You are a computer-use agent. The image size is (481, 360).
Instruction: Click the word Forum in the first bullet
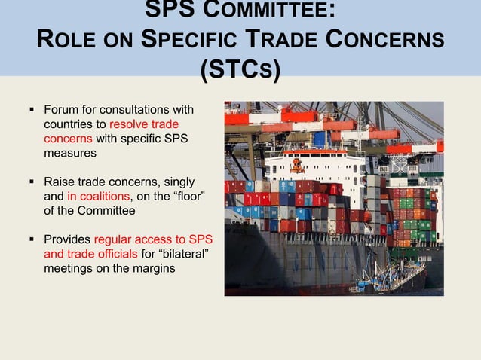point(61,109)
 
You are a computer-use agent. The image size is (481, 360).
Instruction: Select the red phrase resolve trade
point(144,124)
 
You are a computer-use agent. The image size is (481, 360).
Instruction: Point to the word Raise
point(59,182)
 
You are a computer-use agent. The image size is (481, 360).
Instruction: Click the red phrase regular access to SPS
point(153,239)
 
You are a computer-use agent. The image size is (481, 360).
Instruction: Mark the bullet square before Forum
point(32,109)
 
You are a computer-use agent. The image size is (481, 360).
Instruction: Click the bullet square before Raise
point(32,182)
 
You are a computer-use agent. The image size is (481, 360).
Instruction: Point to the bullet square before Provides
point(32,239)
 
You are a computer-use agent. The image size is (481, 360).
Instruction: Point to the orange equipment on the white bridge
point(296,165)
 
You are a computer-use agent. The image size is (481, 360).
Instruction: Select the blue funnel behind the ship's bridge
point(320,139)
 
